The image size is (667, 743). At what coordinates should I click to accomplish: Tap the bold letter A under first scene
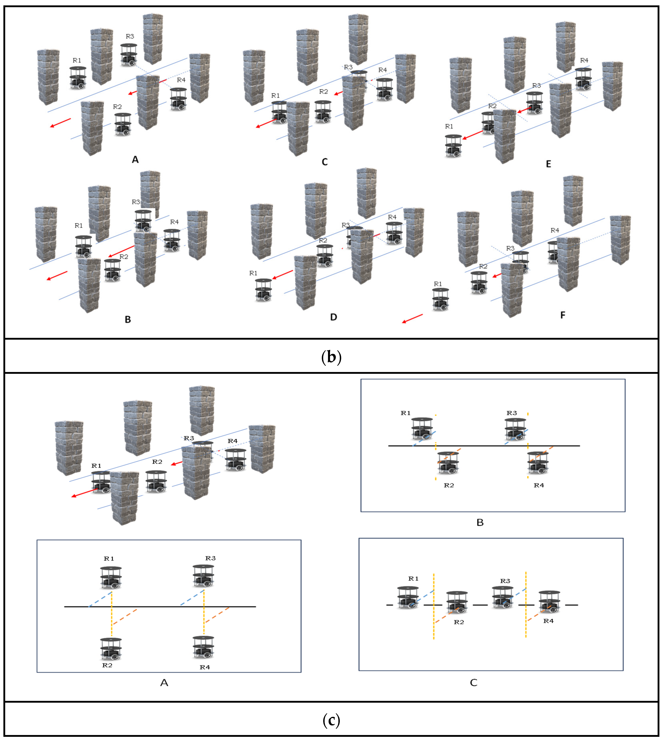coord(135,160)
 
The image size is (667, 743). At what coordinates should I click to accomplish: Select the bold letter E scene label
coord(548,164)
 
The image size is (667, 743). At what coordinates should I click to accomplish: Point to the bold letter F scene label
coord(563,315)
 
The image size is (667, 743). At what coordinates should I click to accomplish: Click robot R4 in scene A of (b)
coord(178,99)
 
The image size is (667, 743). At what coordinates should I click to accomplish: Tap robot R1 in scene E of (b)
coord(453,146)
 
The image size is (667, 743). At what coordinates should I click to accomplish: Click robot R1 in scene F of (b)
coord(440,299)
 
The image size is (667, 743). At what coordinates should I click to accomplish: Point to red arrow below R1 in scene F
coord(412,318)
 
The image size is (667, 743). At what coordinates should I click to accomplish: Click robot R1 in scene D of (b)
coord(263,290)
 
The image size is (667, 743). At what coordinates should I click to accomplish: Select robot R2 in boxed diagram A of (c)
coord(111,649)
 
